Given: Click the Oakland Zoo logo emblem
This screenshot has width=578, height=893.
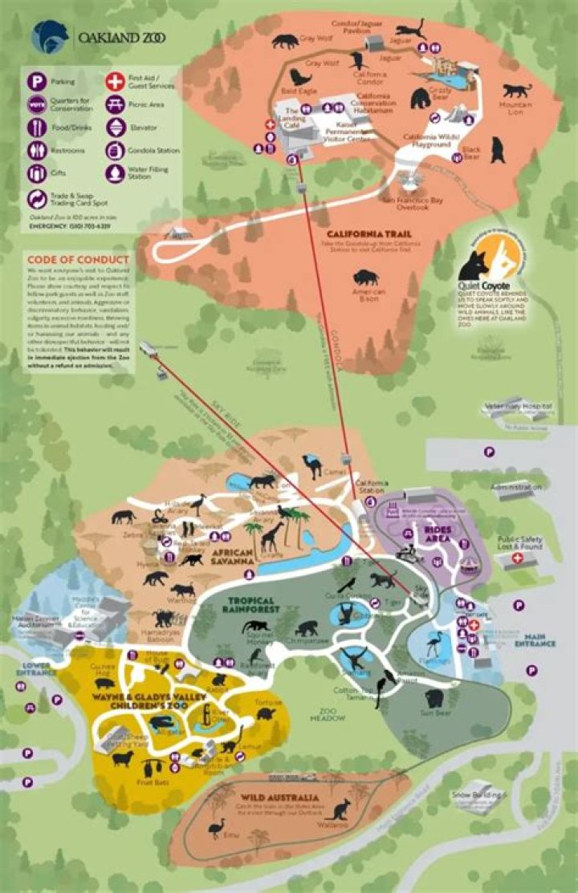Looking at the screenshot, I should click(x=49, y=37).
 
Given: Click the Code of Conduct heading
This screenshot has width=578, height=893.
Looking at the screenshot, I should click(x=77, y=259).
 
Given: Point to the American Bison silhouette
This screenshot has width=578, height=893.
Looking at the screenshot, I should click(x=365, y=280).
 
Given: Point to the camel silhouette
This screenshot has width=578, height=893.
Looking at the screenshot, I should click(x=311, y=465).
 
